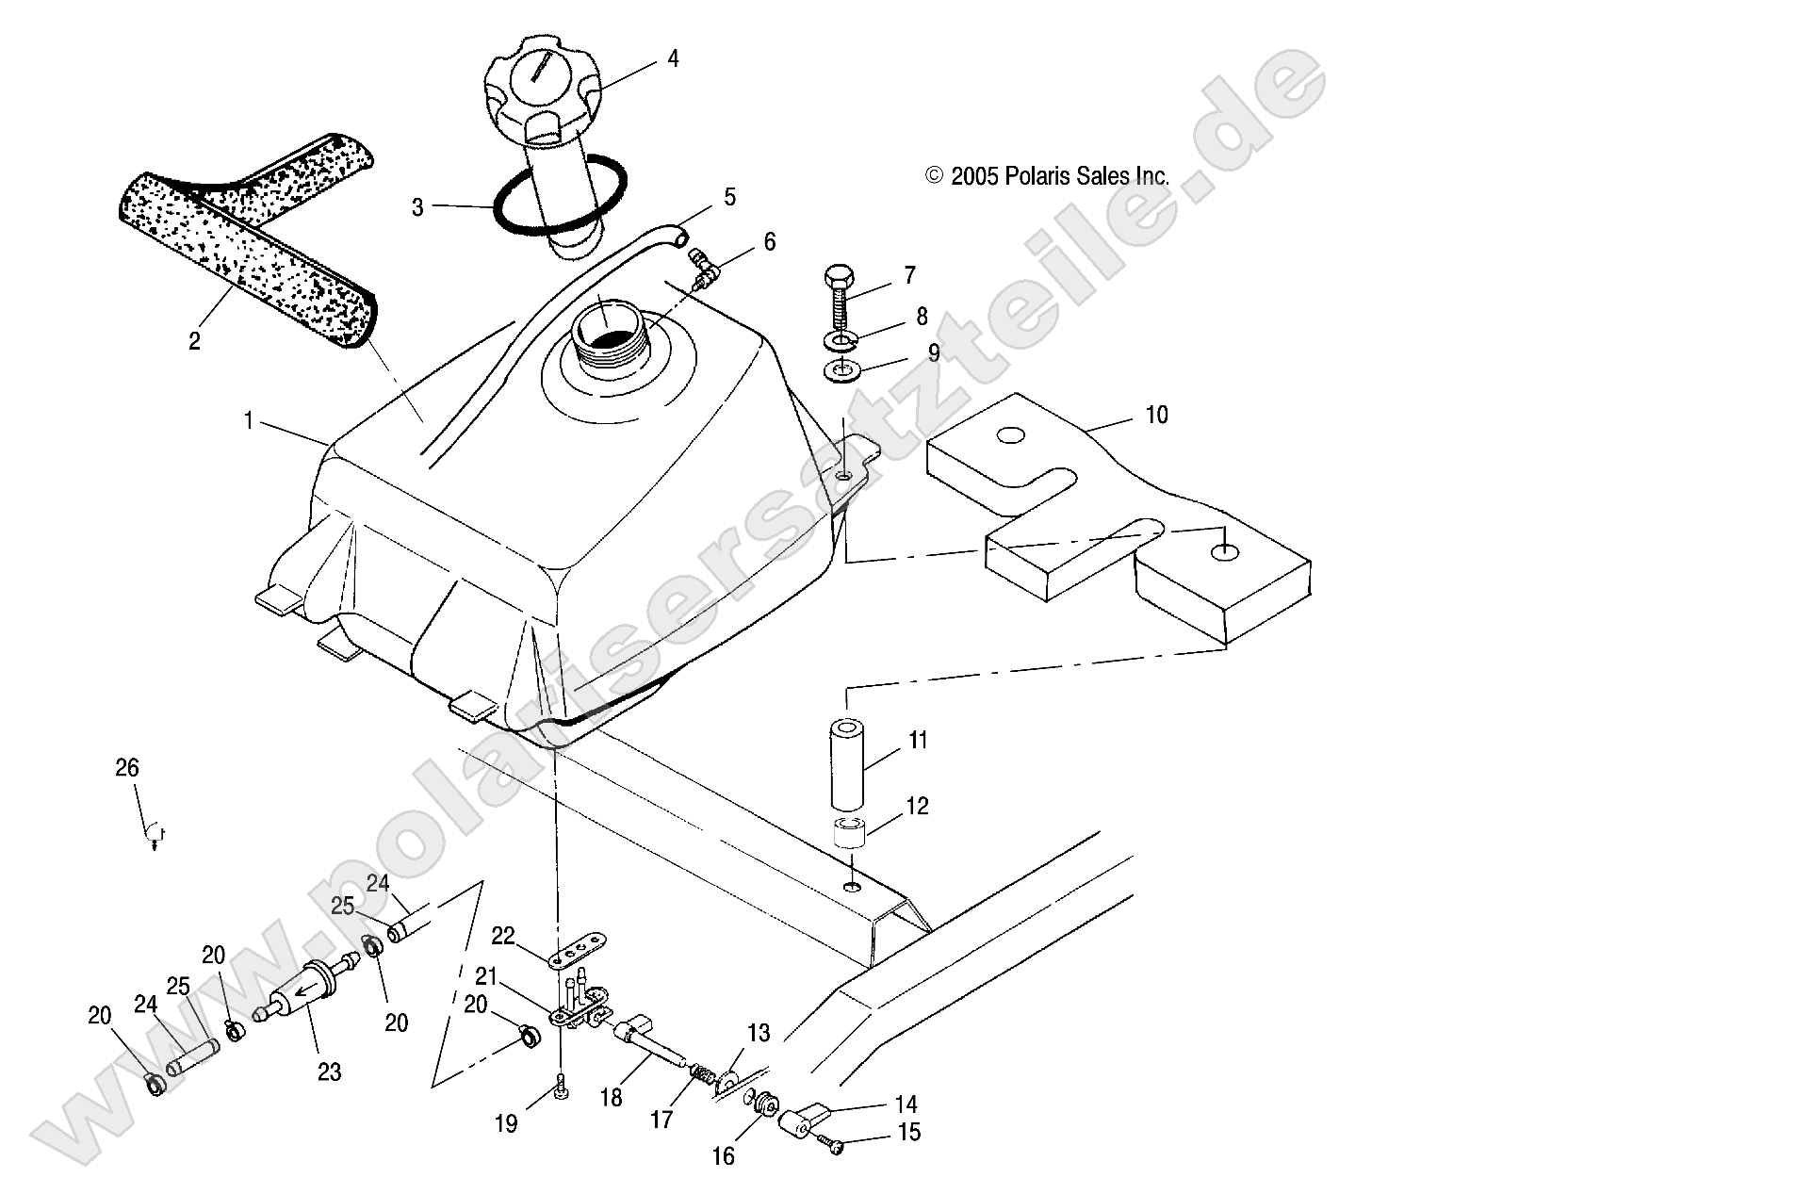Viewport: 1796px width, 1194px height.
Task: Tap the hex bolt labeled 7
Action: (837, 293)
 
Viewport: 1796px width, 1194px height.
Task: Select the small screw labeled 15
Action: (829, 1144)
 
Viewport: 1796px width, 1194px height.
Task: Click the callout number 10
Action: (1155, 415)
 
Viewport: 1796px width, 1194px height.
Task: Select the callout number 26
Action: (126, 768)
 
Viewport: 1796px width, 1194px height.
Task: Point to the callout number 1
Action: (249, 420)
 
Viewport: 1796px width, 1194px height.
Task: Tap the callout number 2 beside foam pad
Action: (194, 341)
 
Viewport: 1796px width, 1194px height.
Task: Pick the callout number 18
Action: (611, 1097)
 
